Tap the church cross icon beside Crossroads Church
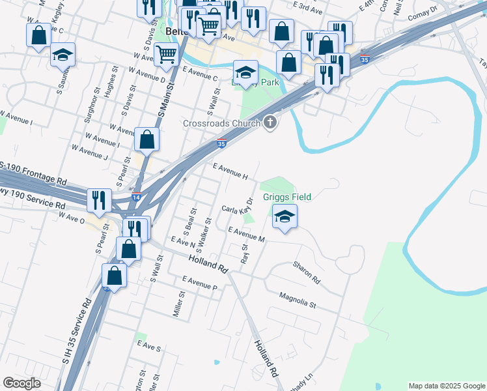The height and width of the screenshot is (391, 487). pos(270,123)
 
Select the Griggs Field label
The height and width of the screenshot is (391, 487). pos(286,197)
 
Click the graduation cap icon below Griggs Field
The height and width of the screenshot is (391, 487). pos(284,217)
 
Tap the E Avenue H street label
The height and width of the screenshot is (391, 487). pos(231,171)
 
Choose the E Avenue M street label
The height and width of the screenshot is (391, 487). pos(246,235)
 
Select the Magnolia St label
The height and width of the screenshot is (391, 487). pos(297,300)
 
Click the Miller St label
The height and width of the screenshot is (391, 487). pos(179,304)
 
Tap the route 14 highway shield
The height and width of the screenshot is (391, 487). pos(135,197)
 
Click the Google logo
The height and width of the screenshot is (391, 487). pos(22,383)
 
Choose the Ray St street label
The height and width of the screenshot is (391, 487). pos(245,253)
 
